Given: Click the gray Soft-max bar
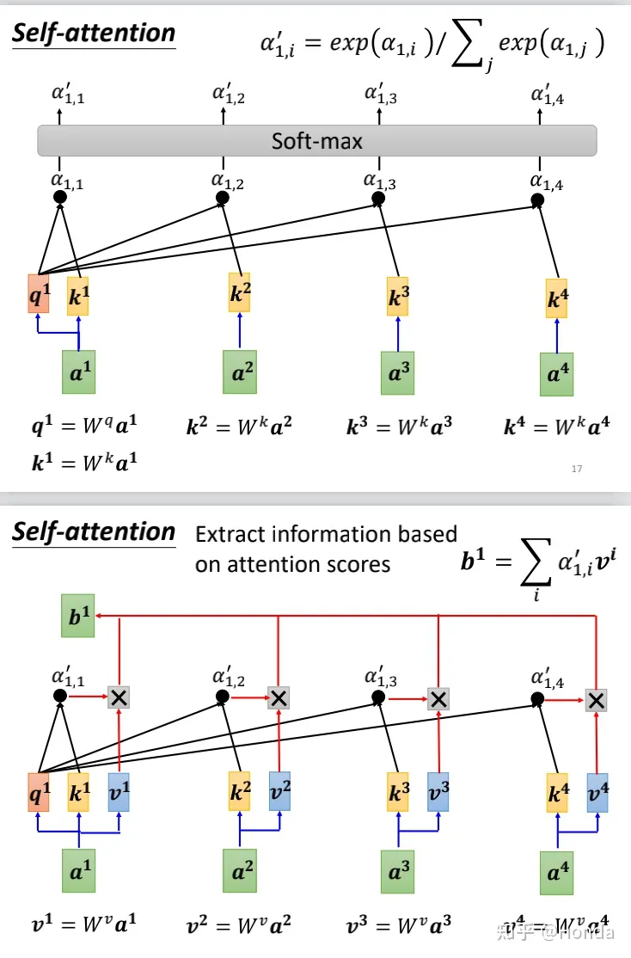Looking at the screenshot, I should pyautogui.click(x=316, y=140).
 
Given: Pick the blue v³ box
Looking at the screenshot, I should pyautogui.click(x=438, y=792).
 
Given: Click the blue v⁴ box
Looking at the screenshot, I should pyautogui.click(x=597, y=792).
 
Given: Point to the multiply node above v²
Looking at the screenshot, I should pyautogui.click(x=278, y=697).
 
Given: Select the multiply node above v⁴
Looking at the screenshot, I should pyautogui.click(x=596, y=699).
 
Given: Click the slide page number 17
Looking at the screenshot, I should pyautogui.click(x=577, y=469).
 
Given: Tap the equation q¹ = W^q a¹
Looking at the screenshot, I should pyautogui.click(x=84, y=426).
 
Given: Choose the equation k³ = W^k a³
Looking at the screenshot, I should pyautogui.click(x=400, y=427).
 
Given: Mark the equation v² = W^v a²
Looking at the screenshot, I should pyautogui.click(x=240, y=926).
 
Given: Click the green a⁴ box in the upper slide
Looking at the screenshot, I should pyautogui.click(x=557, y=374).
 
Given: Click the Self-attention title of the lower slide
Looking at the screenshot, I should pyautogui.click(x=94, y=532).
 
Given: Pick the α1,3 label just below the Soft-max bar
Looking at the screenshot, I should pyautogui.click(x=379, y=181).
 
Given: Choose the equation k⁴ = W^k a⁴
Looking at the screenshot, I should pyautogui.click(x=557, y=427).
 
